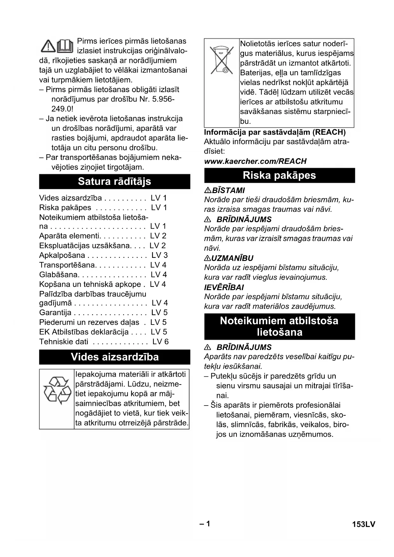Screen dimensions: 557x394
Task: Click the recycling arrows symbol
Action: (57, 390)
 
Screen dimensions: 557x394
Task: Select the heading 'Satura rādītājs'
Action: (115, 181)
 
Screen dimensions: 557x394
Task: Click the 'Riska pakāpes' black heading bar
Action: (279, 175)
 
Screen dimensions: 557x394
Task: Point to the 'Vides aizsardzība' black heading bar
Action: (115, 357)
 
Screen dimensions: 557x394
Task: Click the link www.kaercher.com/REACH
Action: (255, 161)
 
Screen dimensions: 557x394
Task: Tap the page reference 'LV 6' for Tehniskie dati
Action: (160, 342)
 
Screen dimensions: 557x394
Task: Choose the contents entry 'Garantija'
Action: (55, 312)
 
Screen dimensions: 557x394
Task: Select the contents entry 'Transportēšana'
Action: (67, 265)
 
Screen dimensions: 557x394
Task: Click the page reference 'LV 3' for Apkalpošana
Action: (159, 255)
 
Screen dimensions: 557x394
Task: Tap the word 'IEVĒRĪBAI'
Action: (224, 287)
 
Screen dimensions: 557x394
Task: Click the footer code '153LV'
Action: (364, 524)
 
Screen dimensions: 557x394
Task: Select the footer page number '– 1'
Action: (205, 524)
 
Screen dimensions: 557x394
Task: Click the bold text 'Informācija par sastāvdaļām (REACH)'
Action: (275, 132)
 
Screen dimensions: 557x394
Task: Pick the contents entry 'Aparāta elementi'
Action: (69, 236)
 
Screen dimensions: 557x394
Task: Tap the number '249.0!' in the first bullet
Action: (62, 109)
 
